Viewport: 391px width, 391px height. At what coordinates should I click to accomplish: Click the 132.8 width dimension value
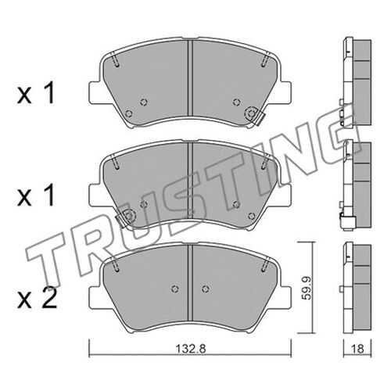tap(191, 349)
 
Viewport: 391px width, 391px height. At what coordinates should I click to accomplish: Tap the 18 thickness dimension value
tap(358, 349)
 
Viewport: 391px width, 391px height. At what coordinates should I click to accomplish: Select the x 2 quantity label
tap(37, 300)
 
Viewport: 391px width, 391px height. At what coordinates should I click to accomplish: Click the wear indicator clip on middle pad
tap(126, 217)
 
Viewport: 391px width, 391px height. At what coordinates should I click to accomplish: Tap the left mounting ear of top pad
tap(95, 92)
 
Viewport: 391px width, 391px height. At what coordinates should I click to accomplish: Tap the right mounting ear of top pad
tap(285, 92)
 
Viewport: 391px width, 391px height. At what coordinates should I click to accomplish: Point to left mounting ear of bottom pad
tap(95, 297)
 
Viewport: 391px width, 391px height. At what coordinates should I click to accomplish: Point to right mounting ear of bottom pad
tap(285, 297)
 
